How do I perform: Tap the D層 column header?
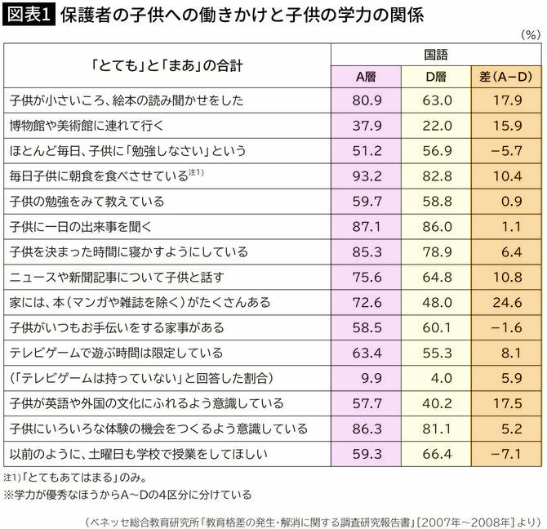coord(437,77)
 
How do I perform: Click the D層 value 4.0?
coord(437,379)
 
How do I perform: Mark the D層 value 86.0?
coord(437,227)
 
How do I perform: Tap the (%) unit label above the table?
coord(529,36)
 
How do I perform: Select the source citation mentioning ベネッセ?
coord(315,517)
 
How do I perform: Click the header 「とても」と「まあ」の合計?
coord(167,63)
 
